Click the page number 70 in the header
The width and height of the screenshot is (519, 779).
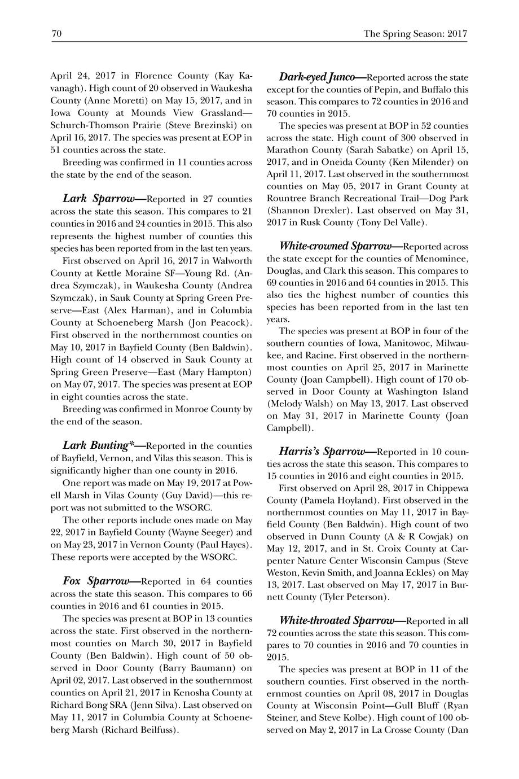pyautogui.click(x=56, y=34)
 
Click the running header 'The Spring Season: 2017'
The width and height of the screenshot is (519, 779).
pyautogui.click(x=416, y=34)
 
